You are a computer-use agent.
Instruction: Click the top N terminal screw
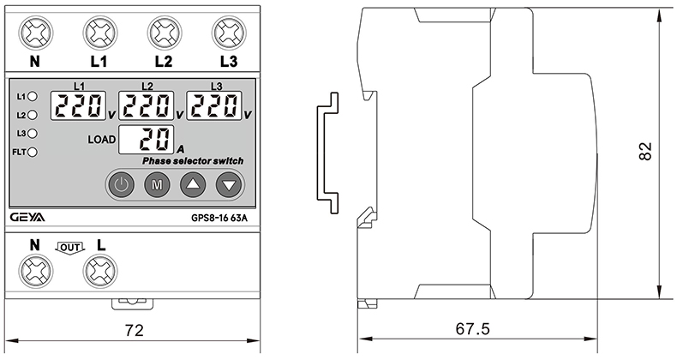[36, 33]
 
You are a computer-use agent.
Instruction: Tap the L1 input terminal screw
[99, 33]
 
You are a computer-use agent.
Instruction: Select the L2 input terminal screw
[164, 33]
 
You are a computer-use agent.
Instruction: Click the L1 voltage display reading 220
[79, 106]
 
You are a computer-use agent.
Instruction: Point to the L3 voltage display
[215, 106]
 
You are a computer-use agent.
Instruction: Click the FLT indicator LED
[33, 153]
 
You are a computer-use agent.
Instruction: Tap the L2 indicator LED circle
[33, 114]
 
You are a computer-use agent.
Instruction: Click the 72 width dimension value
[133, 329]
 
